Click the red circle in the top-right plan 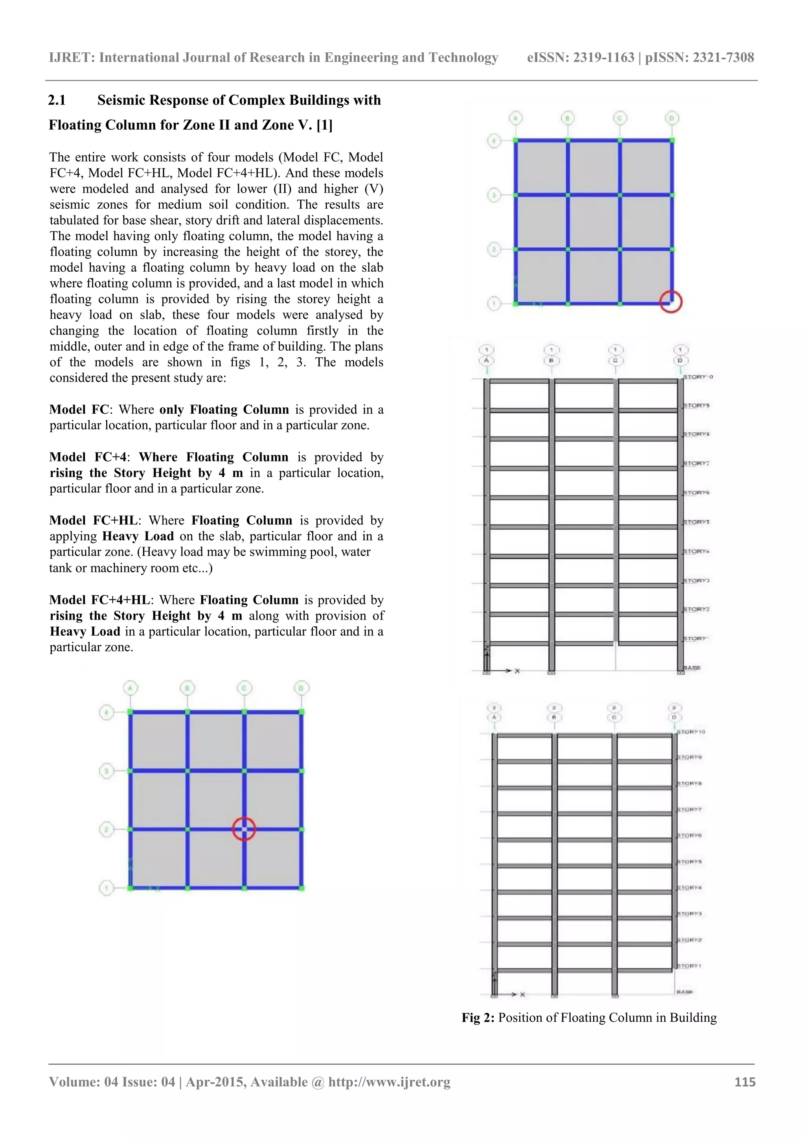coord(671,301)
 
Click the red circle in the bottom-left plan coord(244,828)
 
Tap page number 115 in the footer coord(744,1082)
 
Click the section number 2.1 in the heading coord(57,100)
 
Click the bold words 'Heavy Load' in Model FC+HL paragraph coord(138,536)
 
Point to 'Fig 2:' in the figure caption coord(478,1018)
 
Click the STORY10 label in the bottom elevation coord(691,732)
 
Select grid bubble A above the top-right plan coord(516,118)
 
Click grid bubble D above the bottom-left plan coord(301,688)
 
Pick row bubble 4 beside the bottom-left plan coord(107,713)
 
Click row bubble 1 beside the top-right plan coord(494,303)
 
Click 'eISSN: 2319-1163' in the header coord(580,57)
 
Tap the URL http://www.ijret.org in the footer coord(390,1082)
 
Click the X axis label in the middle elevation coord(517,671)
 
